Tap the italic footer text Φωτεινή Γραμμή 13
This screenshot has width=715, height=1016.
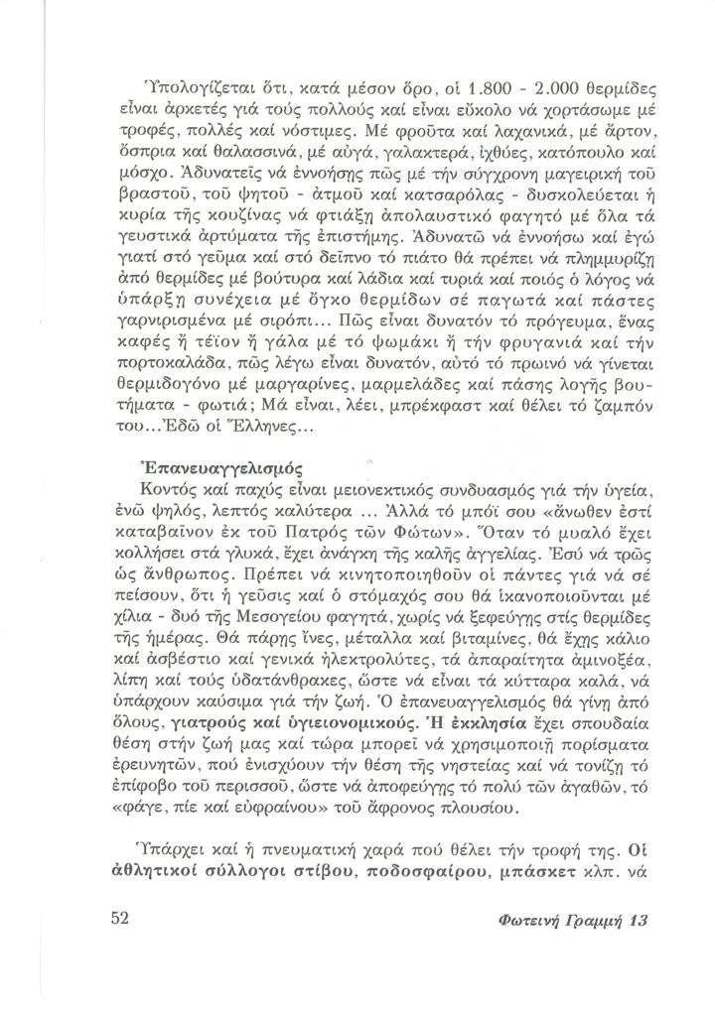click(570, 921)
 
